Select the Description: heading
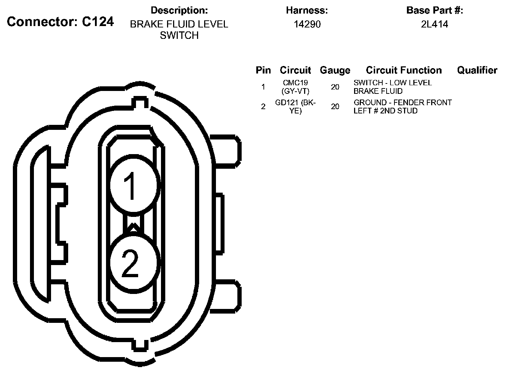click(179, 10)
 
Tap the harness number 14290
click(307, 24)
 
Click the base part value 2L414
click(434, 24)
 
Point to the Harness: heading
click(307, 10)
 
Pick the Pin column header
click(263, 70)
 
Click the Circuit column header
click(295, 70)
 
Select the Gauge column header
click(335, 70)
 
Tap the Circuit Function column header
click(404, 70)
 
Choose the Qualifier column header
click(477, 70)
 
